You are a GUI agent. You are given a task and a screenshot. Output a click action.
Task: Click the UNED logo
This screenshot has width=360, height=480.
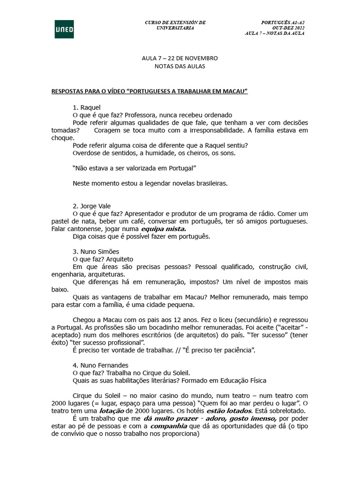click(64, 29)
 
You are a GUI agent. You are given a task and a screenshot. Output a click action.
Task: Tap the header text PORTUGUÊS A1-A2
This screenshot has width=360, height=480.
click(283, 22)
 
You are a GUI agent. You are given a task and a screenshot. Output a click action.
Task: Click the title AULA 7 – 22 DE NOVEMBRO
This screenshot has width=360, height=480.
click(180, 58)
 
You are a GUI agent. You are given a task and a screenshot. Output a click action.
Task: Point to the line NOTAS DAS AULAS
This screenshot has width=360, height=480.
click(180, 66)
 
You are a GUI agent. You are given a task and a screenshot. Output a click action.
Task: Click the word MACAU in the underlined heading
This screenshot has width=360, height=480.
click(232, 90)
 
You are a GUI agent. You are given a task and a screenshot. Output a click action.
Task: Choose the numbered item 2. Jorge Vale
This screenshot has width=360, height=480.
click(92, 206)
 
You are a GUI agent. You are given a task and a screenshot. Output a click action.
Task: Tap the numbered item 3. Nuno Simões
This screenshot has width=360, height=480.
click(96, 251)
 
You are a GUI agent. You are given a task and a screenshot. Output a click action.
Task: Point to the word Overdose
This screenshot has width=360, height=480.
click(87, 153)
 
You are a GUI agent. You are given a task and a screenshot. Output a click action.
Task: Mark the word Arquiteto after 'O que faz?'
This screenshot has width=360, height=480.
click(120, 259)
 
